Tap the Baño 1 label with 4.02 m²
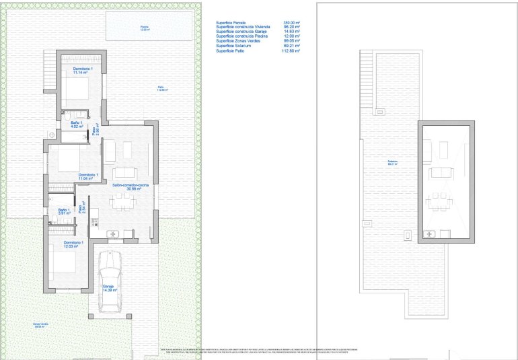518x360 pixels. [77, 124]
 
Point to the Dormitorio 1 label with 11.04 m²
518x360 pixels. [88, 177]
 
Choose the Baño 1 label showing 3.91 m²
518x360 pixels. [64, 211]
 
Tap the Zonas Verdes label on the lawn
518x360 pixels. [41, 325]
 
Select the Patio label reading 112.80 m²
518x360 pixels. [161, 88]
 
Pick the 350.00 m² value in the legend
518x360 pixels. [290, 22]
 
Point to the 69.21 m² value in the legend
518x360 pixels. [290, 46]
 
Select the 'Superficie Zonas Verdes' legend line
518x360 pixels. [238, 41]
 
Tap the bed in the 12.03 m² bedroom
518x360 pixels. [64, 260]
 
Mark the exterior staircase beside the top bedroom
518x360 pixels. [49, 75]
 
